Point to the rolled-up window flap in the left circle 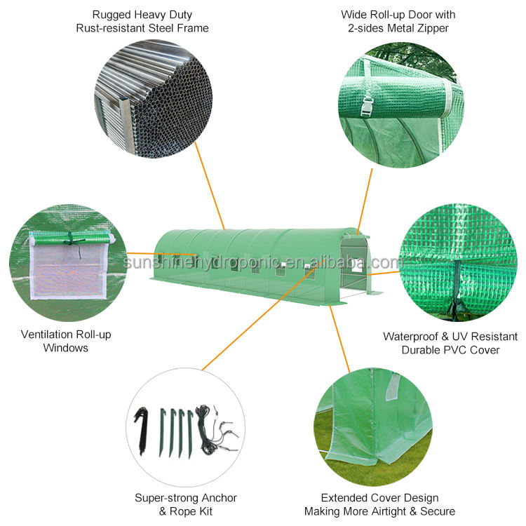pos(72,238)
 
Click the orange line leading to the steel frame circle pos(208,185)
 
